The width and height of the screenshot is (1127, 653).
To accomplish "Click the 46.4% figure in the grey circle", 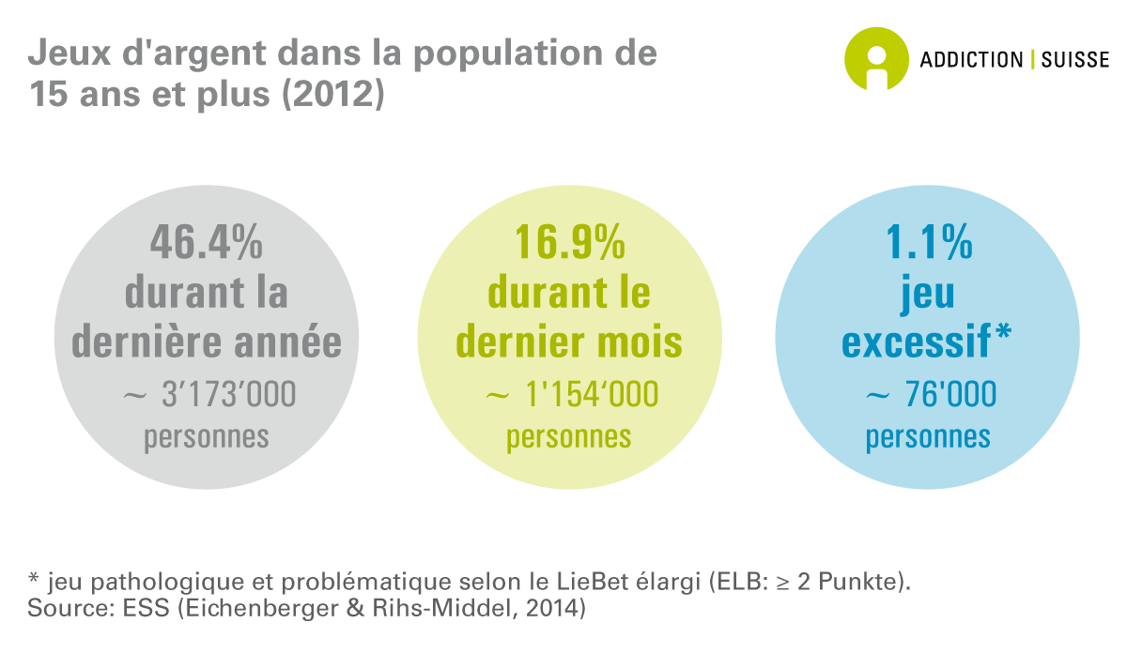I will click(x=207, y=243).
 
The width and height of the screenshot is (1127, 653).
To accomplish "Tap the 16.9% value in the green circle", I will click(x=569, y=243).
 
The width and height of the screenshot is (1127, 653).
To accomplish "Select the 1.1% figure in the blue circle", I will click(x=928, y=243).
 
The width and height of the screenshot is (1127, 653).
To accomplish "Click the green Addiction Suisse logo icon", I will click(x=876, y=58).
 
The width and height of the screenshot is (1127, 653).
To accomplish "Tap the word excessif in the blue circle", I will click(x=916, y=342).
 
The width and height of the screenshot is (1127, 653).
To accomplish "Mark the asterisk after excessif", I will click(x=1002, y=333).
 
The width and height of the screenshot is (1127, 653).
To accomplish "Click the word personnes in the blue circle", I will click(x=928, y=437).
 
